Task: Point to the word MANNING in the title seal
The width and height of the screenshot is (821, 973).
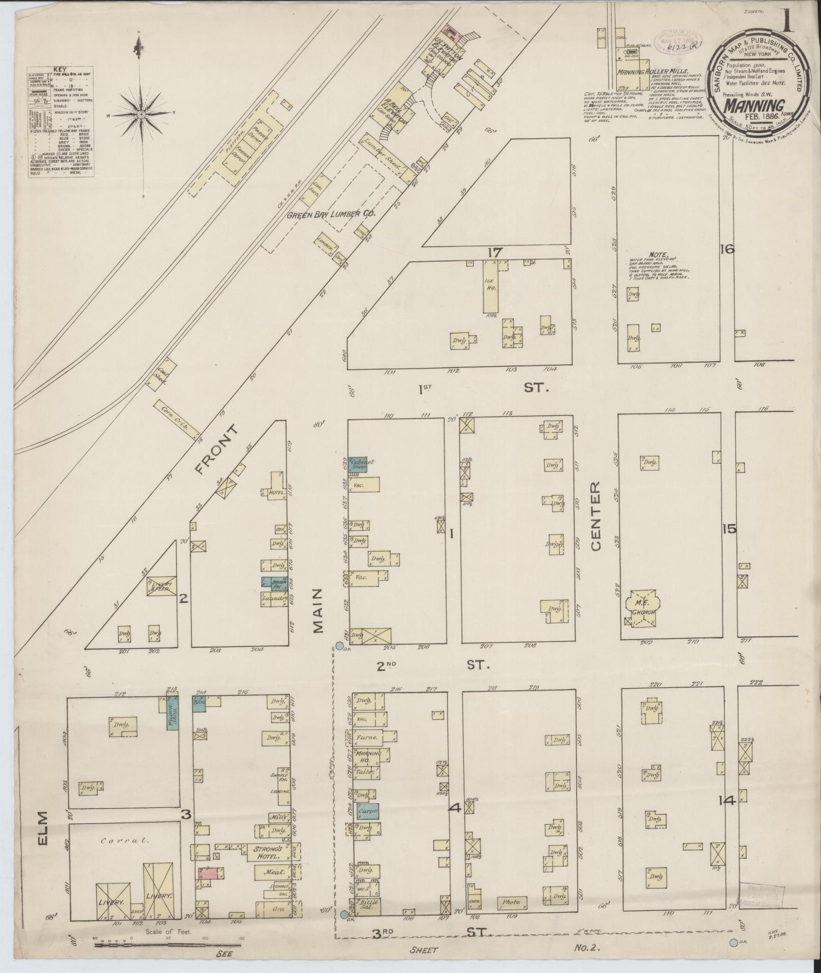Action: [x=753, y=105]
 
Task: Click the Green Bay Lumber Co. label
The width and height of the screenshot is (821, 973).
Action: [x=331, y=214]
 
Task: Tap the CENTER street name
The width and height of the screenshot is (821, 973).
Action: [x=596, y=516]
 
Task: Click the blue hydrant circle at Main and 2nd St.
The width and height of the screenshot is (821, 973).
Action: [x=340, y=646]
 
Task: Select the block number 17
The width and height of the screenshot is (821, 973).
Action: [x=494, y=252]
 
